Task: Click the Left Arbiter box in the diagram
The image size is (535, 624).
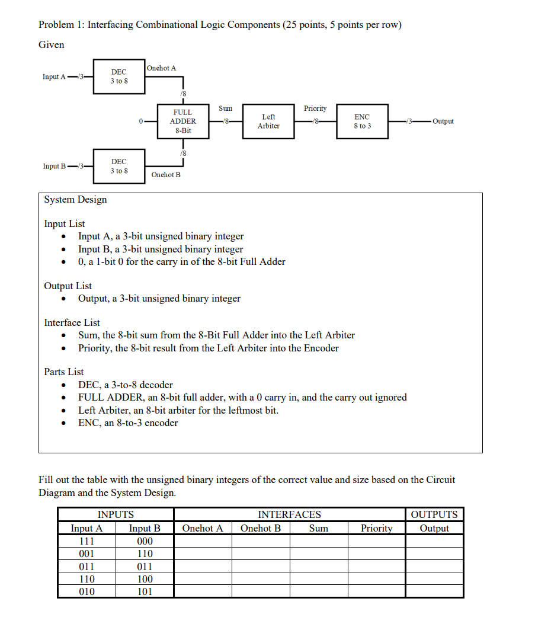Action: click(x=268, y=121)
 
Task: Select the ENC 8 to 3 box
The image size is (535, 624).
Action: click(x=362, y=121)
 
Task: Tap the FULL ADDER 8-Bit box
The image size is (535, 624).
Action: click(x=182, y=121)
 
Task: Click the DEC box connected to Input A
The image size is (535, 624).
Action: click(x=119, y=76)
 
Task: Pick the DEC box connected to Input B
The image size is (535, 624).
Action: click(x=119, y=166)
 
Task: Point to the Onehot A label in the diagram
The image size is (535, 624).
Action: click(x=161, y=68)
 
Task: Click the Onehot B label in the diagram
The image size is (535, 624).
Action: click(x=166, y=175)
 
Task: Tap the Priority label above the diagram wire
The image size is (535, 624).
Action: click(x=315, y=108)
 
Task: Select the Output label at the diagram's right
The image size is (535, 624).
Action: click(x=443, y=121)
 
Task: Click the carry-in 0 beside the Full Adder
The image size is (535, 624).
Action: click(x=140, y=121)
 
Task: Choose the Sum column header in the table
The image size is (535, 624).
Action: click(x=319, y=528)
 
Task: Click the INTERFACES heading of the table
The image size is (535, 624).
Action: click(x=290, y=514)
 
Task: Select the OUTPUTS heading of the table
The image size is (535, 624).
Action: click(x=434, y=514)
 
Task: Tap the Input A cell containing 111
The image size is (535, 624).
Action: click(x=87, y=541)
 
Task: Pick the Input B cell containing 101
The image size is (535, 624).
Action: click(x=145, y=591)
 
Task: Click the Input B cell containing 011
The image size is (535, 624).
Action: click(x=145, y=567)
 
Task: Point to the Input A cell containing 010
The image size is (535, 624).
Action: click(x=87, y=591)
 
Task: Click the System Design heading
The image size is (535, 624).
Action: click(x=76, y=199)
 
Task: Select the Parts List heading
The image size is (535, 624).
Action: click(x=64, y=372)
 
